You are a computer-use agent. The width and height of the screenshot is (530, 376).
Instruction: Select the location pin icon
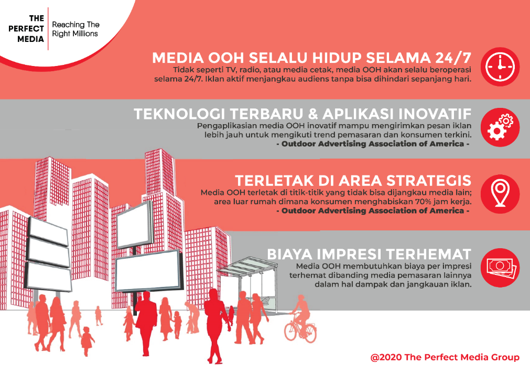(x=499, y=192)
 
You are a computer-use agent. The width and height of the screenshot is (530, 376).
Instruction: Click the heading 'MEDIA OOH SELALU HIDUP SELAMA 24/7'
(x=311, y=57)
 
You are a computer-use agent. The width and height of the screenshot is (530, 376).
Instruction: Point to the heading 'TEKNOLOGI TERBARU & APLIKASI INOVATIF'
(x=302, y=114)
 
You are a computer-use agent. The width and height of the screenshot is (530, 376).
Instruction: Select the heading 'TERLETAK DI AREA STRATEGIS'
(x=353, y=181)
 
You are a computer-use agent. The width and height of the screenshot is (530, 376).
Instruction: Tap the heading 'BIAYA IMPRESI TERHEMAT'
(x=369, y=254)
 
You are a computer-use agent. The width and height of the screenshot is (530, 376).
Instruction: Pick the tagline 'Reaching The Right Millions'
(x=75, y=29)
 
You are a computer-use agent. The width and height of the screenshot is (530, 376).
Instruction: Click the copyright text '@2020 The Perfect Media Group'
(x=445, y=358)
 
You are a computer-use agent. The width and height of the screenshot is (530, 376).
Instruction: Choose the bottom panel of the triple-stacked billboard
(x=49, y=276)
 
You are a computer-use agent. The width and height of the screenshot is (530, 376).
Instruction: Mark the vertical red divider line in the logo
(x=48, y=29)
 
